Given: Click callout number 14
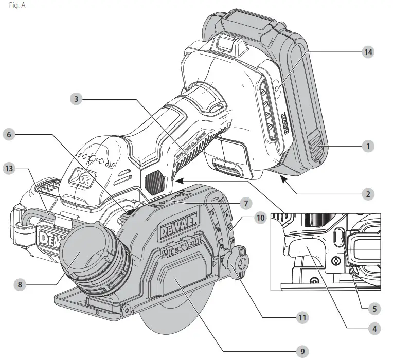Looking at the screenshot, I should click(x=368, y=52).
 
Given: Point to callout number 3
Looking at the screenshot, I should click(x=76, y=99).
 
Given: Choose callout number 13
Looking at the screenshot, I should click(x=9, y=168).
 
